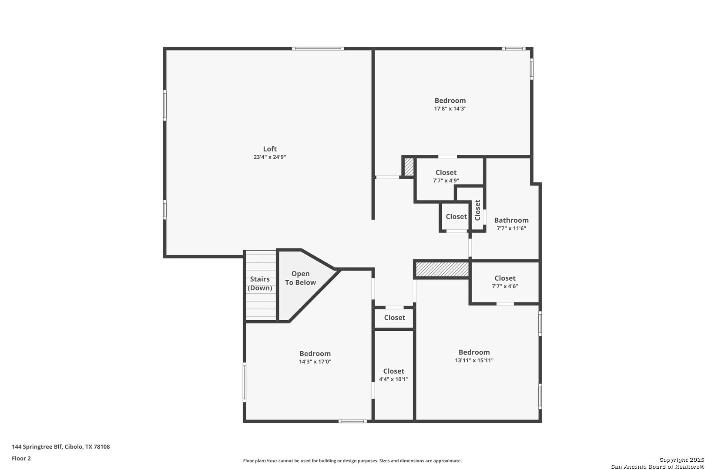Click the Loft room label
tap(270, 149)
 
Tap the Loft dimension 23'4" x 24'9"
tap(270, 157)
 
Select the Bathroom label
tap(511, 220)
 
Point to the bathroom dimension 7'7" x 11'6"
tap(511, 228)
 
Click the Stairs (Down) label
tap(260, 283)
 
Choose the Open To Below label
tap(300, 278)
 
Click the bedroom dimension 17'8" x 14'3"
tap(450, 109)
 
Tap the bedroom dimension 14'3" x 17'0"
tap(315, 362)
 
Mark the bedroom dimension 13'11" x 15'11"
tap(474, 360)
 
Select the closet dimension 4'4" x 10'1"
tap(393, 379)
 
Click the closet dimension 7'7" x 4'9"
tap(446, 181)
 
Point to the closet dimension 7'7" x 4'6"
tap(505, 286)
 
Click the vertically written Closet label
tap(478, 210)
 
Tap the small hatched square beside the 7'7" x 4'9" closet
tap(409, 166)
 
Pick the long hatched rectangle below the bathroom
tap(442, 269)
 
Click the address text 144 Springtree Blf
tap(37, 446)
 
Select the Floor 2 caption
tap(21, 458)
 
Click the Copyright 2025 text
tap(681, 460)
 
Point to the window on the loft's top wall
tap(318, 49)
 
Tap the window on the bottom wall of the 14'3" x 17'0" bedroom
tap(353, 421)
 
